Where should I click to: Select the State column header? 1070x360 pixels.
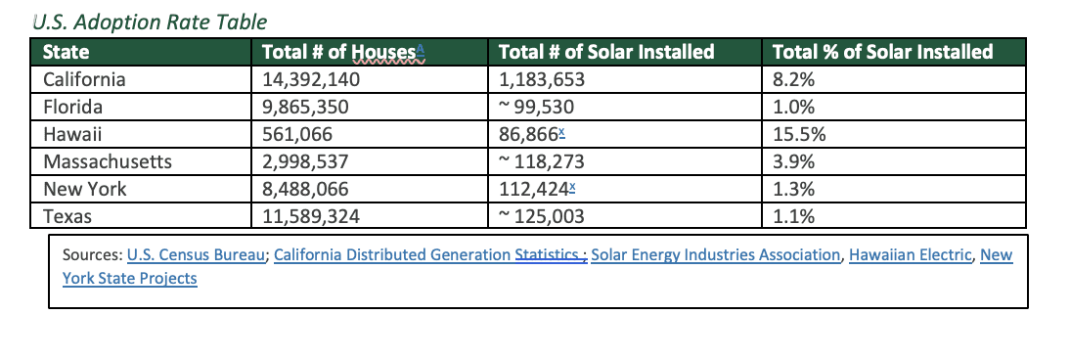click(x=67, y=52)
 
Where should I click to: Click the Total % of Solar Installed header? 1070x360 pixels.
click(x=882, y=52)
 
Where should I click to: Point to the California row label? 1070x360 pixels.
click(x=85, y=79)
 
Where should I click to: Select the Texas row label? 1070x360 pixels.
click(x=67, y=216)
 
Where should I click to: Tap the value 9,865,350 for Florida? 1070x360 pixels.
click(x=306, y=107)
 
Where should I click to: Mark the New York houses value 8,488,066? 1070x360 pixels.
click(x=306, y=189)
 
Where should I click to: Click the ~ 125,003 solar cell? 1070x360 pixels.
click(x=541, y=216)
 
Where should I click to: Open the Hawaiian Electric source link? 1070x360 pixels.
click(x=911, y=255)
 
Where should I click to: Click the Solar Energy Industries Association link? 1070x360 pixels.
click(x=715, y=255)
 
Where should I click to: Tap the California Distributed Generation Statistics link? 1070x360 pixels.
click(x=428, y=255)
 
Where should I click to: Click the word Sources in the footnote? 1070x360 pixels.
click(x=92, y=255)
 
